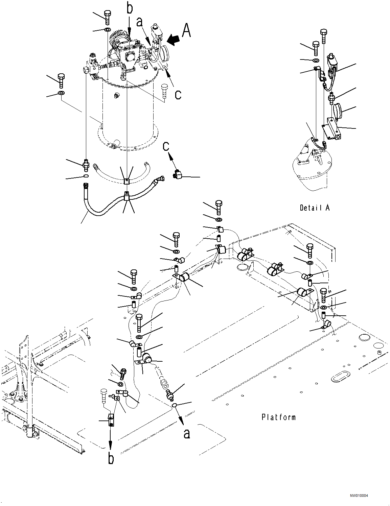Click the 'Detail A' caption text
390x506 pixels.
point(314,208)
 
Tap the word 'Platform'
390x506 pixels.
point(278,417)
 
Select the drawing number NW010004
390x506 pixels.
point(359,496)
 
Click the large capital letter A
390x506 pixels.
point(186,30)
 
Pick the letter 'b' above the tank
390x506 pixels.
point(130,8)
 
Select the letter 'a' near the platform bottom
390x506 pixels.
point(187,433)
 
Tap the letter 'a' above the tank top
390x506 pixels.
point(139,22)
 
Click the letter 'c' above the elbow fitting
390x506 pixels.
point(166,146)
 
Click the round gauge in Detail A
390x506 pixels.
point(338,111)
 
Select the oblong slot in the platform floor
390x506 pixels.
point(339,377)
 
